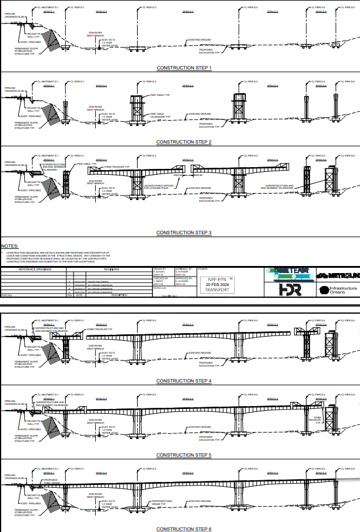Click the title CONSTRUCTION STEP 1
184,68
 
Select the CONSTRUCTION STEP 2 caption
184,142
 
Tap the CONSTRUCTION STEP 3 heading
184,233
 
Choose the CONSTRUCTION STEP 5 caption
184,455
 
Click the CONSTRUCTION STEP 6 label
184,529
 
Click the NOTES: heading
9,247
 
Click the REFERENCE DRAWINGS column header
35,269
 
